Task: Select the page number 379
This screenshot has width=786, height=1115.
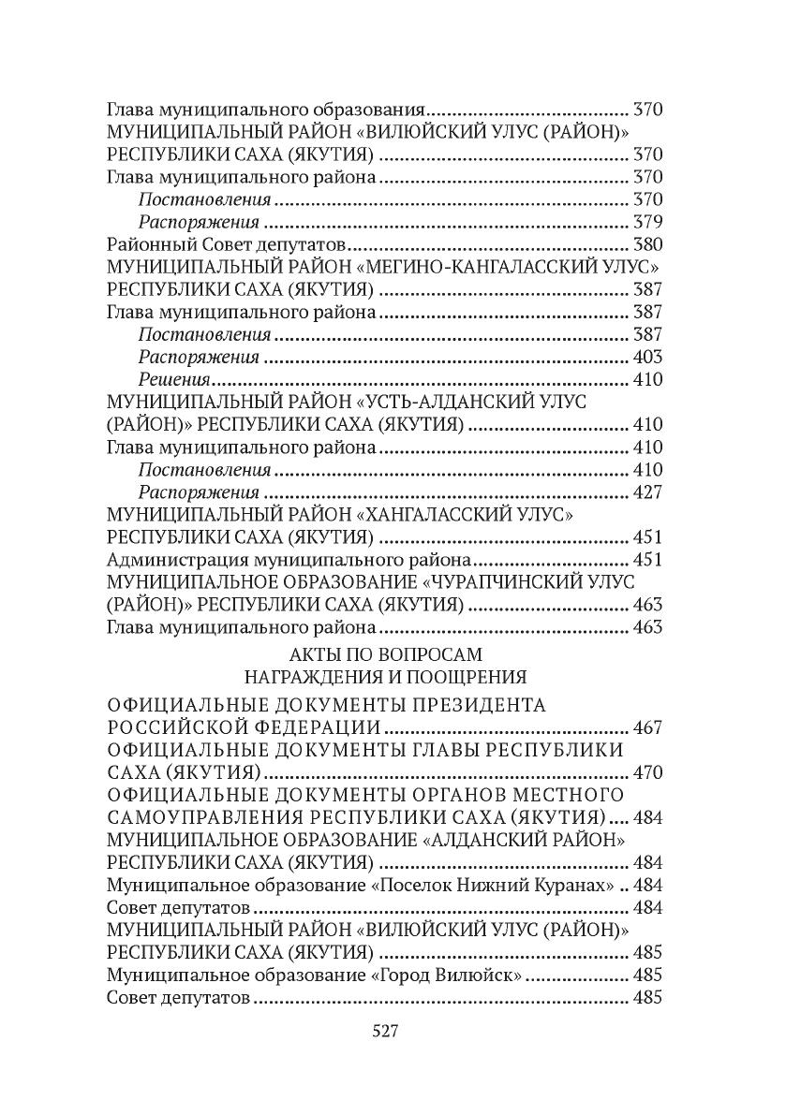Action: [647, 222]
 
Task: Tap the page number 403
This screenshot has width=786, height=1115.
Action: [647, 357]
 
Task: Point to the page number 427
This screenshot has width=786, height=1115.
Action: [647, 491]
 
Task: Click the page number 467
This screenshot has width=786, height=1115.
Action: [647, 727]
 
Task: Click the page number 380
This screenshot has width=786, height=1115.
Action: [647, 244]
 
